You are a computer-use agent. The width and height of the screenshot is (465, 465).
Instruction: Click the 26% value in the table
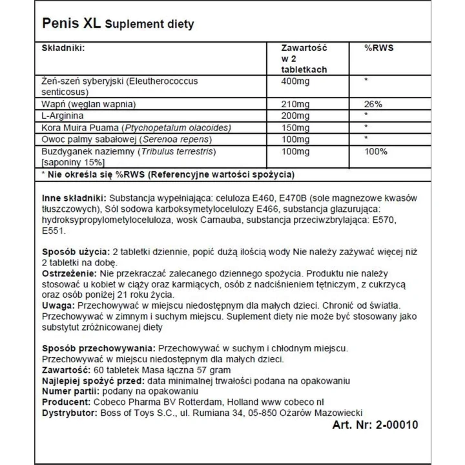coord(373,103)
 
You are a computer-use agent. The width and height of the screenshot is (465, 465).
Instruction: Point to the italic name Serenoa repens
coord(170,138)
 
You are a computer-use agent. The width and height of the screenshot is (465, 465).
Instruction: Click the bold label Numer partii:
coord(63,389)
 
